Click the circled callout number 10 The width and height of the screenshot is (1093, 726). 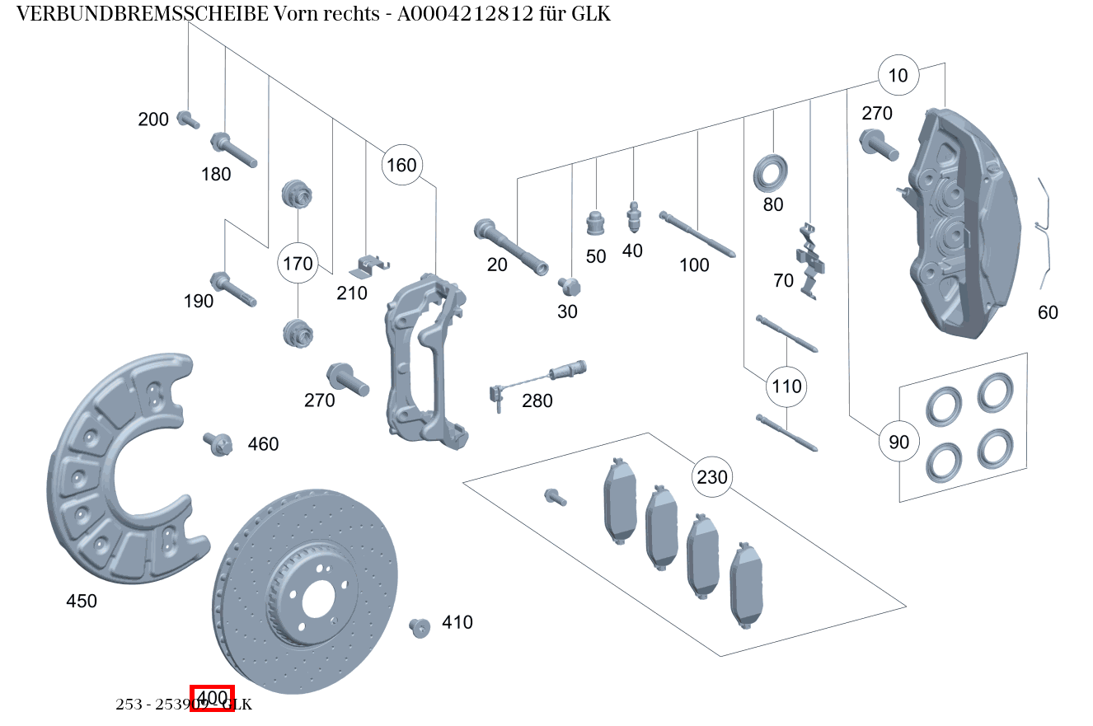(898, 76)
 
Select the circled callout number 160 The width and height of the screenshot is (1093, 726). (401, 165)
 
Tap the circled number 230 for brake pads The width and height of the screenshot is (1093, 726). (712, 477)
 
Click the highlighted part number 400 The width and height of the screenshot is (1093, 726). (213, 698)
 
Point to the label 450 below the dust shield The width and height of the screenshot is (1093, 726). (82, 602)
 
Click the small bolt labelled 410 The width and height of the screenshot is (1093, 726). (420, 628)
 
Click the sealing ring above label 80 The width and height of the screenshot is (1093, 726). (772, 172)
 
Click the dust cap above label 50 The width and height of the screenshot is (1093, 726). (595, 222)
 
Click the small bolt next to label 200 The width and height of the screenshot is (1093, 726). (188, 120)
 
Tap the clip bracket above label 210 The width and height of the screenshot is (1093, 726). (368, 265)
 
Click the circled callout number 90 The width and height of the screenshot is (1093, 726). (898, 442)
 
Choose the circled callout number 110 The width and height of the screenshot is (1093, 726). (786, 386)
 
